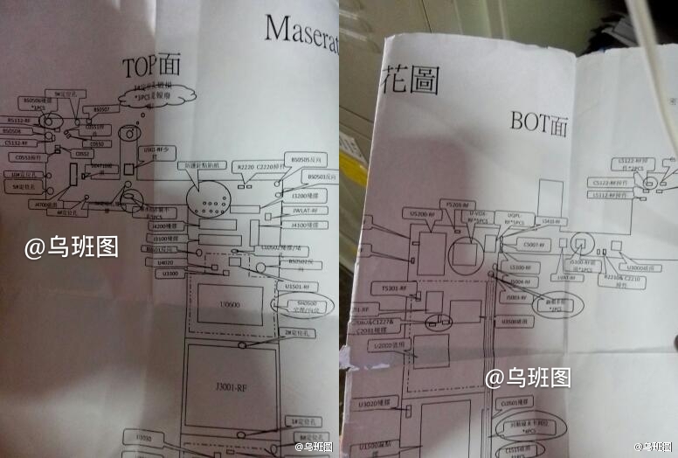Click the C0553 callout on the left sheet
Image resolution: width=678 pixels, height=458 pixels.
pos(25,158)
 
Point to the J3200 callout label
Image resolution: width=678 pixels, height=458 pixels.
pos(291,197)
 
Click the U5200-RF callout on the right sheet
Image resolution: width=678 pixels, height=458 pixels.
pos(423,213)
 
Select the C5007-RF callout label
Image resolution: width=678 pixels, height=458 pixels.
pos(530,244)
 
